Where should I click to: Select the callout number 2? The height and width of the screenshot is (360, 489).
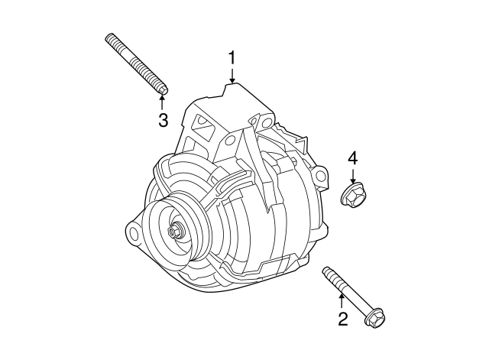click(342, 319)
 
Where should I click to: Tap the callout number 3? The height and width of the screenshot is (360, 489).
click(163, 119)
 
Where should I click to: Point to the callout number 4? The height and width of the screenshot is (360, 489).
click(352, 158)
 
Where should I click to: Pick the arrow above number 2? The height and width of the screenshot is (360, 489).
click(342, 301)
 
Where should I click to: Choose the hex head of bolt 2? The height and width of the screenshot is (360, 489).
click(374, 316)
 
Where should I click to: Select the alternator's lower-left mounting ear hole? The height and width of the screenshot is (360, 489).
click(131, 231)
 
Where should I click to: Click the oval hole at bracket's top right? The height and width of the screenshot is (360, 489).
click(266, 122)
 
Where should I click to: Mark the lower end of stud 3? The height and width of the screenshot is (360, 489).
click(160, 92)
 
